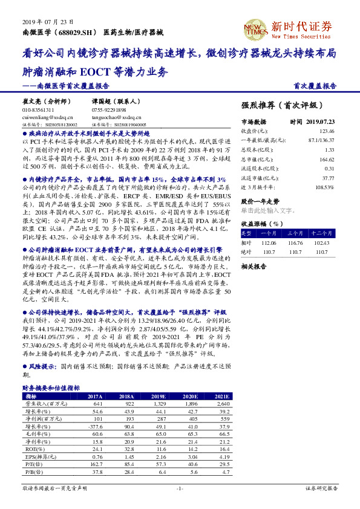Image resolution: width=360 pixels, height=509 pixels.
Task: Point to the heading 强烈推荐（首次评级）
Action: point(278,105)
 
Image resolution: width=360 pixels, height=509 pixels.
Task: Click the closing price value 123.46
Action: point(326,131)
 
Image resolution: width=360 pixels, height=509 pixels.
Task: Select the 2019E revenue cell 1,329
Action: point(158,403)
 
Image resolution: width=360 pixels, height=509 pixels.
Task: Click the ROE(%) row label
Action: point(31,449)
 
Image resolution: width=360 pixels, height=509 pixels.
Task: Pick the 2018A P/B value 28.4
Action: point(128,473)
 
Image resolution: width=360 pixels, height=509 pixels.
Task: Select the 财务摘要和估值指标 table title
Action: point(51,387)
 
